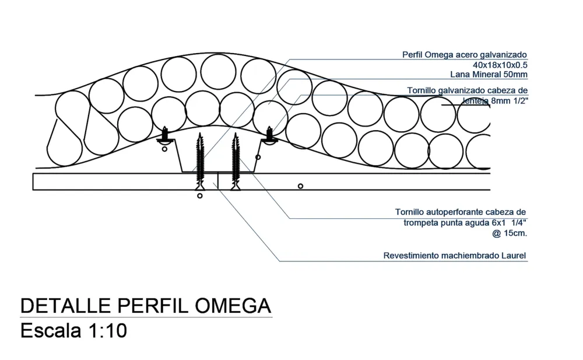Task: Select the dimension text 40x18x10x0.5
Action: coord(500,64)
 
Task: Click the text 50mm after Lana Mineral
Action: coord(515,74)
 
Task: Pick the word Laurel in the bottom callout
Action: coord(514,256)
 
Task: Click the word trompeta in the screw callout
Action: coord(423,222)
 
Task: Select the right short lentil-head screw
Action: coord(270,135)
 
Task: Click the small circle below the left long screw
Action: coord(200,197)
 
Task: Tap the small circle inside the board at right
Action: coord(300,186)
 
